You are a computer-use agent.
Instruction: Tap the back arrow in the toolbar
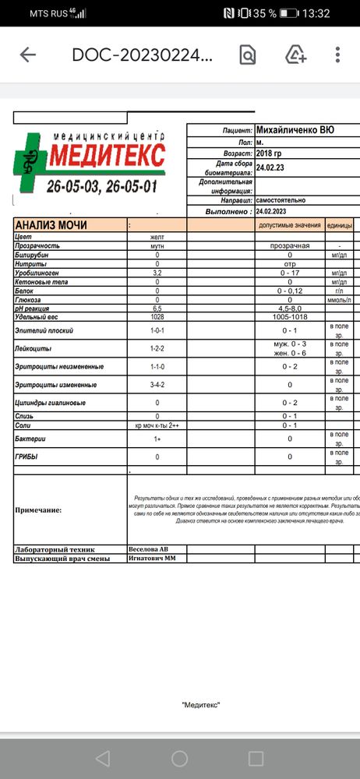coord(28,55)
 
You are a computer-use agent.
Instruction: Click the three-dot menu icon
coord(337,55)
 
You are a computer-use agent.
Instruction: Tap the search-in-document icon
coord(247,55)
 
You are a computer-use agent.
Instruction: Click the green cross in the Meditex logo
coord(30,160)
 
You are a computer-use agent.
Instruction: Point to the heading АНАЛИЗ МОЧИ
coord(51,225)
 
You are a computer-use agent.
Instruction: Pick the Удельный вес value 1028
coord(157,317)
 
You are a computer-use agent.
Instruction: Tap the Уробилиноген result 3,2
coord(157,273)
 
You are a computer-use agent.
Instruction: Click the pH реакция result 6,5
coord(157,308)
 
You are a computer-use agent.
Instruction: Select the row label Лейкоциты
coord(34,348)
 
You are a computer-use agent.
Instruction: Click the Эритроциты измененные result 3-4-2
coord(157,384)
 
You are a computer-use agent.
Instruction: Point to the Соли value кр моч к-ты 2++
coord(157,425)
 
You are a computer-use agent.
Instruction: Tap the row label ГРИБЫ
coord(26,456)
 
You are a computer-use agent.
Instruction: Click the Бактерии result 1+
coord(157,439)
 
